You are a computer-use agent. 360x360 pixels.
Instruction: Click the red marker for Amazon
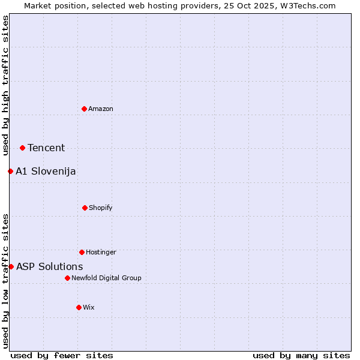[x=84, y=109]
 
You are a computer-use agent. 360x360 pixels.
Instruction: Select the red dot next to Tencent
[x=22, y=148]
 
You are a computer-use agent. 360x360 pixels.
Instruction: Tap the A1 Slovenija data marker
[x=10, y=171]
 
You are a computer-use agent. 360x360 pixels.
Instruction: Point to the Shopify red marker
[x=85, y=208]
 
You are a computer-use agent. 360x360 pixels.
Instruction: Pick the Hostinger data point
[x=82, y=252]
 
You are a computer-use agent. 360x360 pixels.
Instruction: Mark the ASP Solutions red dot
[x=11, y=266]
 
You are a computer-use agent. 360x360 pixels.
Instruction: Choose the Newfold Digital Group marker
[x=67, y=278]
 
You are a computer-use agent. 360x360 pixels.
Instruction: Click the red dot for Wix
[x=79, y=307]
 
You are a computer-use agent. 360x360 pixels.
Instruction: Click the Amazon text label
[x=101, y=109]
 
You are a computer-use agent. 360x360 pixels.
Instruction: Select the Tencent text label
[x=46, y=148]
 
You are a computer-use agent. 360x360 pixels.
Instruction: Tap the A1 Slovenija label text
[x=46, y=172]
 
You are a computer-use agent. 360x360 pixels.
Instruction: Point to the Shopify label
[x=101, y=208]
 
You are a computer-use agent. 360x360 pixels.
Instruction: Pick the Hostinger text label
[x=101, y=252]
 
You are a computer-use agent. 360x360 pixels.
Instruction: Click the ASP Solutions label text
[x=50, y=267]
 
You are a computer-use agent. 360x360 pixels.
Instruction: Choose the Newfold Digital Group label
[x=106, y=278]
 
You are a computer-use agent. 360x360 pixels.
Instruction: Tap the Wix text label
[x=89, y=307]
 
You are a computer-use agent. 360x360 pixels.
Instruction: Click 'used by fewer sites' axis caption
[x=62, y=355]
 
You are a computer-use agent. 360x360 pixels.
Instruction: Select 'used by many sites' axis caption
[x=301, y=355]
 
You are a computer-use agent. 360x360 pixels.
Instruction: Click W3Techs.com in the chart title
[x=306, y=5]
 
